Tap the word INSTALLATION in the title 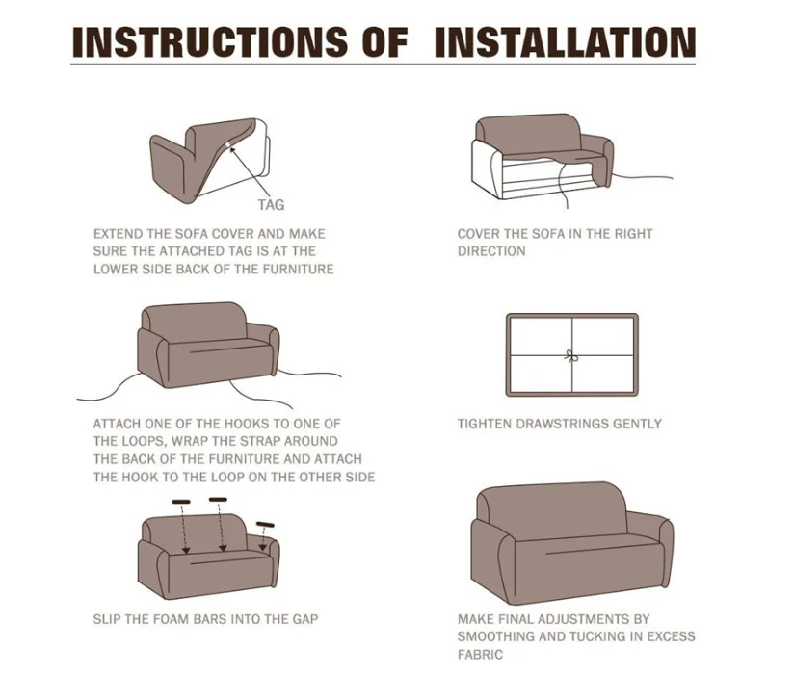565,42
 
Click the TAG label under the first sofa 271,204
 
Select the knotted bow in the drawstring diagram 570,354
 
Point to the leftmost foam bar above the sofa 181,502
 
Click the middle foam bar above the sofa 218,500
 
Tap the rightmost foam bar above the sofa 266,524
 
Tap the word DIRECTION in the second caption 491,251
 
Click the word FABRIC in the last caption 480,655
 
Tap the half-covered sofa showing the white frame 542,158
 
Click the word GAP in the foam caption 303,618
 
